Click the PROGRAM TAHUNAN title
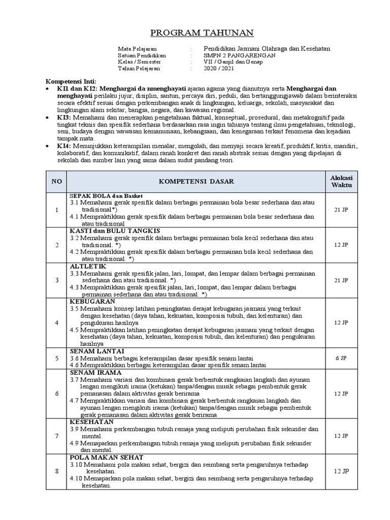coord(195,34)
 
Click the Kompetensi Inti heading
coord(71,82)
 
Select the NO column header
coord(56,181)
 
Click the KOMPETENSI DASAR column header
coord(197,181)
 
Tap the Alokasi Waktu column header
coord(341,181)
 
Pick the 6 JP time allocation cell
coord(341,358)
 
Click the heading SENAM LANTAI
coord(96,351)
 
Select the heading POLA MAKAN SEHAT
coord(106,457)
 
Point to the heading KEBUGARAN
coord(93,301)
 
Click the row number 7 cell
coord(56,436)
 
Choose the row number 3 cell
coord(56,280)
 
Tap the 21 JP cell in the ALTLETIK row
coord(341,280)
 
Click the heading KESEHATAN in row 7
coord(91,421)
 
